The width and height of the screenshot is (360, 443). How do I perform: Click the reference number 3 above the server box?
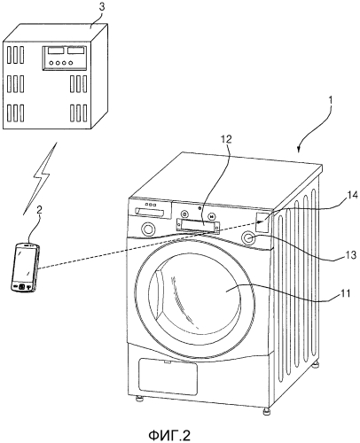pyautogui.click(x=101, y=7)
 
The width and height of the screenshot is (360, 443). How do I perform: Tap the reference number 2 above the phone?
pyautogui.click(x=39, y=210)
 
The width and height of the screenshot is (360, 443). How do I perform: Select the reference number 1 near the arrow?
pyautogui.click(x=331, y=100)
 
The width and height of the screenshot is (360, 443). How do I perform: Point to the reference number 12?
pyautogui.click(x=226, y=139)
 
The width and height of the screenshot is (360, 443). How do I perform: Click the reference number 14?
pyautogui.click(x=352, y=195)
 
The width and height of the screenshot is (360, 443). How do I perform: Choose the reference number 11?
pyautogui.click(x=344, y=293)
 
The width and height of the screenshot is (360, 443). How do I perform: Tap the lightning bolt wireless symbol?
pyautogui.click(x=39, y=178)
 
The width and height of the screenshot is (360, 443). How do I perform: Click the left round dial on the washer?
pyautogui.click(x=148, y=229)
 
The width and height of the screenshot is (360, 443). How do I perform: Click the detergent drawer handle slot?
pyautogui.click(x=149, y=212)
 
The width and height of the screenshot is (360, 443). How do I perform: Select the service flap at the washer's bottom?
pyautogui.click(x=168, y=377)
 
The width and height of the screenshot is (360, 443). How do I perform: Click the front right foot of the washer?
pyautogui.click(x=267, y=411)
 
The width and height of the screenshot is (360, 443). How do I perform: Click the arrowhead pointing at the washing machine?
pyautogui.click(x=300, y=149)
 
